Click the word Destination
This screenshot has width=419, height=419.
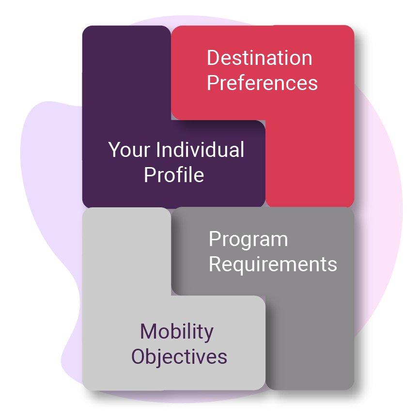pyautogui.click(x=260, y=58)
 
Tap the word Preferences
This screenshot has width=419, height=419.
pyautogui.click(x=262, y=83)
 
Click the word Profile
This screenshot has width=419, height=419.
pyautogui.click(x=174, y=174)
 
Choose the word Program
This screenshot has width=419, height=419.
pyautogui.click(x=248, y=239)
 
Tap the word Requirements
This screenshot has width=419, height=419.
pyautogui.click(x=273, y=264)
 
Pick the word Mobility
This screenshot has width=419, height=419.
pyautogui.click(x=177, y=332)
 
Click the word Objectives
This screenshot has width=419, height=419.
pyautogui.click(x=179, y=357)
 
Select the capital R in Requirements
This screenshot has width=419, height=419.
pyautogui.click(x=215, y=264)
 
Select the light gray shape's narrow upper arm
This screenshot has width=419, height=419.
pyautogui.click(x=126, y=252)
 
